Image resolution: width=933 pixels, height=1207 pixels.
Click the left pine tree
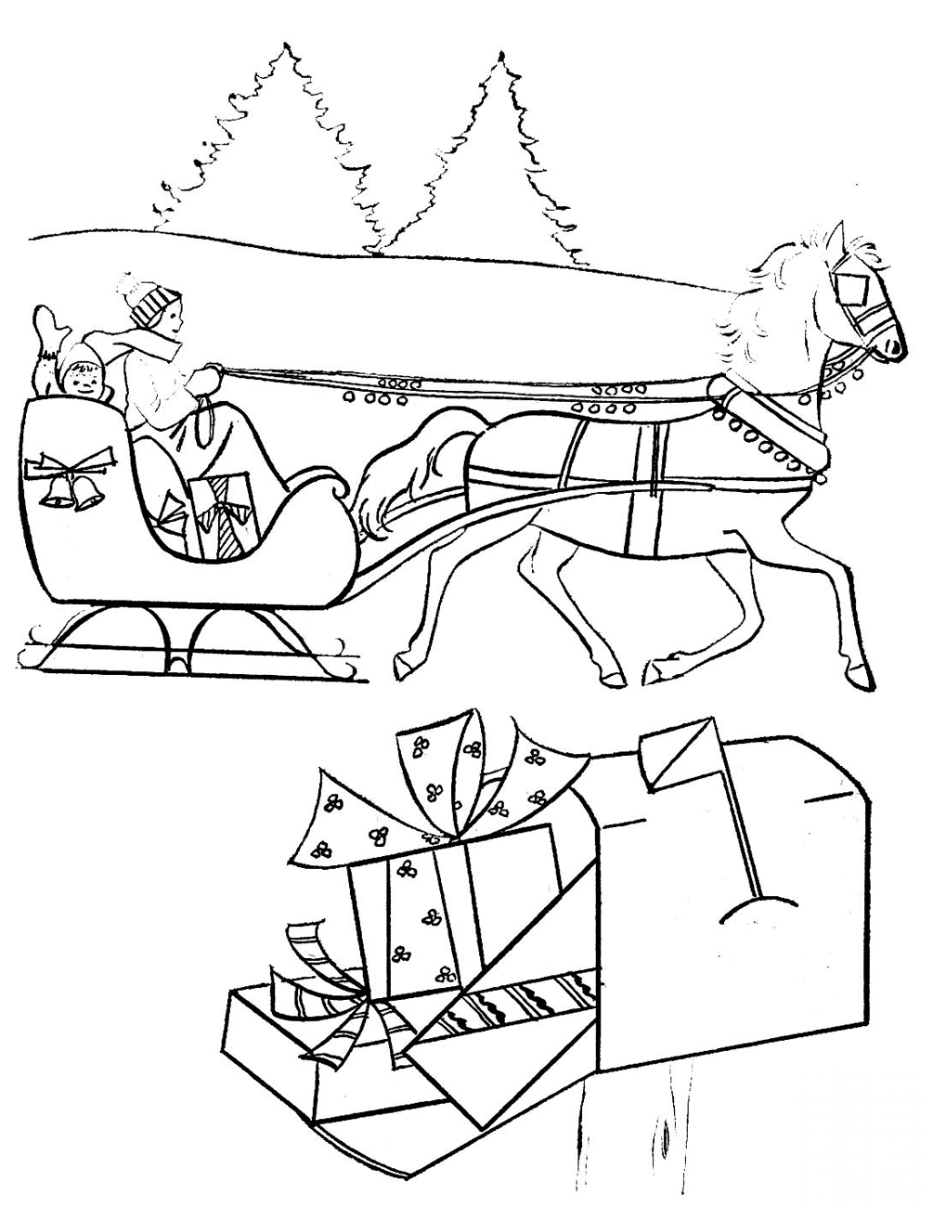(x=279, y=149)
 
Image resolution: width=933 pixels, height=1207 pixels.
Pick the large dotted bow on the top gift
(x=436, y=789)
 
